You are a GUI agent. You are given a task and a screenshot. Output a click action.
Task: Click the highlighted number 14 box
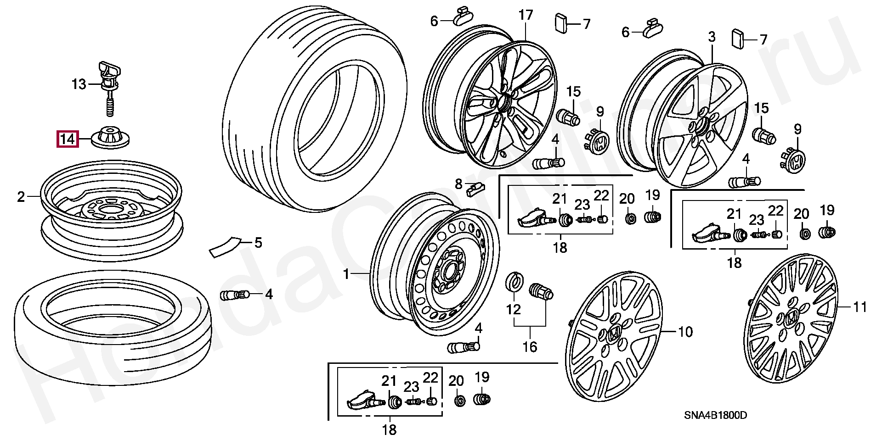click(x=68, y=139)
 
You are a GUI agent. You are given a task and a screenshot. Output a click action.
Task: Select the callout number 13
click(x=79, y=84)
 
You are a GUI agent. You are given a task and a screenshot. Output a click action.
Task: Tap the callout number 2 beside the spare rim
click(x=21, y=197)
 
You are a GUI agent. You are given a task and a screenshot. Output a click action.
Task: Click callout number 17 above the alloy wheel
click(x=526, y=15)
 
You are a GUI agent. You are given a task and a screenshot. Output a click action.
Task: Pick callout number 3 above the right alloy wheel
click(x=712, y=37)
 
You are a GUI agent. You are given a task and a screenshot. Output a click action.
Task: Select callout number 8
click(x=458, y=184)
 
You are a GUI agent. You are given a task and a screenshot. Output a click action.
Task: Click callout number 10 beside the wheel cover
click(x=685, y=331)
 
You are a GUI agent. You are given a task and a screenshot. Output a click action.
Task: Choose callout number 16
click(x=530, y=346)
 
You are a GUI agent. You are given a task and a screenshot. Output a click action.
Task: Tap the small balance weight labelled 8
click(x=475, y=188)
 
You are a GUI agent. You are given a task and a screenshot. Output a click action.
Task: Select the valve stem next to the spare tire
click(x=235, y=295)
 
